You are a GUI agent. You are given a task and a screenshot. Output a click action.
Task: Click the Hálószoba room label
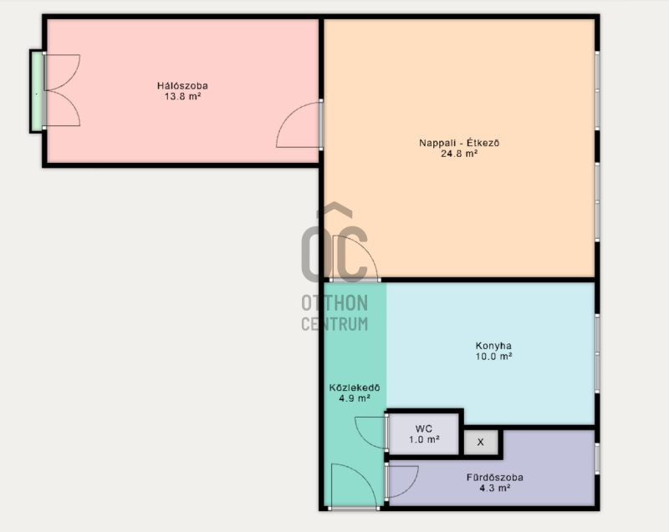point(182,86)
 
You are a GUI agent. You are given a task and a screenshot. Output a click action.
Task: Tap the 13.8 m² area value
point(182,96)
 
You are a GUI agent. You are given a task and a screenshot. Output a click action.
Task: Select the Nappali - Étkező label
point(459,143)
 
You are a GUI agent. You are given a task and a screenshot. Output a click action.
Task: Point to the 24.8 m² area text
point(459,154)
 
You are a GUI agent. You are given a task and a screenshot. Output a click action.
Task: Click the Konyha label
point(493,346)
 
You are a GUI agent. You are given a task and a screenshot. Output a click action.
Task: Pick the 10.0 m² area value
point(493,357)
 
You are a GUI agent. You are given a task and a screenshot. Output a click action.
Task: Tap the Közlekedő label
point(355,388)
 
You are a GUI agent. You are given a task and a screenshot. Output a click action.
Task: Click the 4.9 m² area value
point(355,398)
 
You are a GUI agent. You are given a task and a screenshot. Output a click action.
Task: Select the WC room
point(424,434)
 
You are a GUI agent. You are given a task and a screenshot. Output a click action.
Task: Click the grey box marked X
point(480,442)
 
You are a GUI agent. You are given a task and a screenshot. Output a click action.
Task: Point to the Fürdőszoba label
point(495,478)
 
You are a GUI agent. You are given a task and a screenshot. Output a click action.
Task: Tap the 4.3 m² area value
point(495,488)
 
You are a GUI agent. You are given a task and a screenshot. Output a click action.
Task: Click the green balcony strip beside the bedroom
point(37,91)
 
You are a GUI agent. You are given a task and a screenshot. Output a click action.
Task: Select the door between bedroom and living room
point(299,124)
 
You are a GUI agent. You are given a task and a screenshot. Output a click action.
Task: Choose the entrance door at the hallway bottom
point(354,487)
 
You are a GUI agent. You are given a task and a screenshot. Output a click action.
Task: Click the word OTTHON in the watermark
point(334,303)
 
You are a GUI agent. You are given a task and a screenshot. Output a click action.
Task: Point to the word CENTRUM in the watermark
point(334,324)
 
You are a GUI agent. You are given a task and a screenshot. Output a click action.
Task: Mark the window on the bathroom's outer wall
point(597,459)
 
